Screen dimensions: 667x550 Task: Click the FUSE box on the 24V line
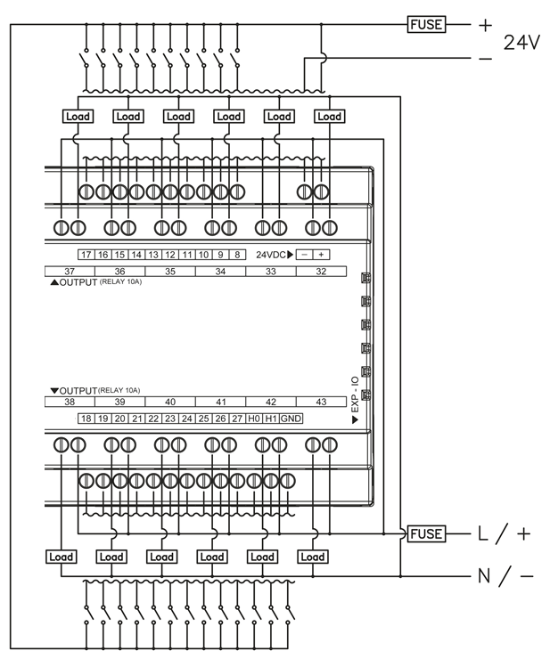point(425,25)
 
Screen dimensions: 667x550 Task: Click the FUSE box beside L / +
point(425,533)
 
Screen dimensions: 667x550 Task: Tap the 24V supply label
point(521,42)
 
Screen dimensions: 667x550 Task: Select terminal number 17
point(86,255)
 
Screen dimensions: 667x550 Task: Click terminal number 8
point(238,255)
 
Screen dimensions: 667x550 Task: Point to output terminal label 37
point(69,270)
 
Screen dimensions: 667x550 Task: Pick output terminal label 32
point(320,270)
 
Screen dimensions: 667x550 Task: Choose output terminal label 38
point(69,402)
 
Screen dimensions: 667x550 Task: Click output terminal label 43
point(320,402)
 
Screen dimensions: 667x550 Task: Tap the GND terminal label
point(291,418)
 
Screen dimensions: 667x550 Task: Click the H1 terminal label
point(272,418)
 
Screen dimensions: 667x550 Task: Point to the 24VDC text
point(271,255)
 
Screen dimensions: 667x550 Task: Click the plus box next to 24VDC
point(321,255)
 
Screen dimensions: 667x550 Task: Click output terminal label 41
point(220,402)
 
